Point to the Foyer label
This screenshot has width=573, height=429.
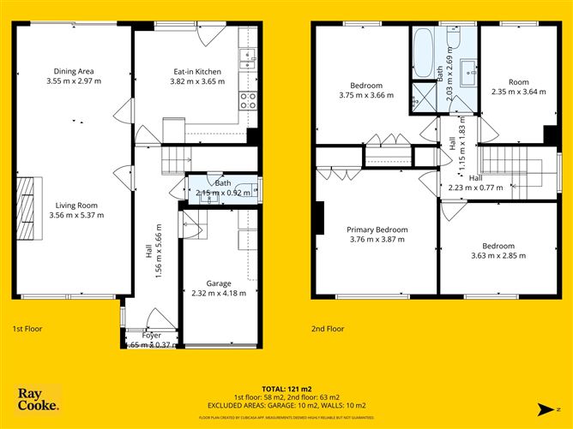[151, 335]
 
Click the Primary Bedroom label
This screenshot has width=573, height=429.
[377, 229]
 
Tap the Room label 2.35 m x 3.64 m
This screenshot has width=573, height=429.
[518, 87]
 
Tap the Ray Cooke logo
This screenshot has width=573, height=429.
[39, 399]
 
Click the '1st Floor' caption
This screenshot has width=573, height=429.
[27, 328]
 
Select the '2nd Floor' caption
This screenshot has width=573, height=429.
[328, 328]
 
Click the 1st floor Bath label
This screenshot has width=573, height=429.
[223, 182]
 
